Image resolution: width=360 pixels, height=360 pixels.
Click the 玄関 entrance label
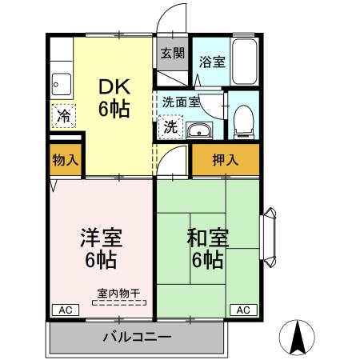(x=172, y=54)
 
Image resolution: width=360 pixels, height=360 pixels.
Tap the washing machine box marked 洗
(x=171, y=127)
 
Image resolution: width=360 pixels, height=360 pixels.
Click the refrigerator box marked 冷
(x=62, y=115)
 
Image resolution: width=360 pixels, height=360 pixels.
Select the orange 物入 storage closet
(x=64, y=159)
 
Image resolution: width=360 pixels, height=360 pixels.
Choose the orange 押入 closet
(x=225, y=159)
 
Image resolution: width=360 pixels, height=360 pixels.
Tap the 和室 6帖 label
(x=207, y=248)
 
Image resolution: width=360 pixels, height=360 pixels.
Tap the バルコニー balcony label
(x=136, y=337)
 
